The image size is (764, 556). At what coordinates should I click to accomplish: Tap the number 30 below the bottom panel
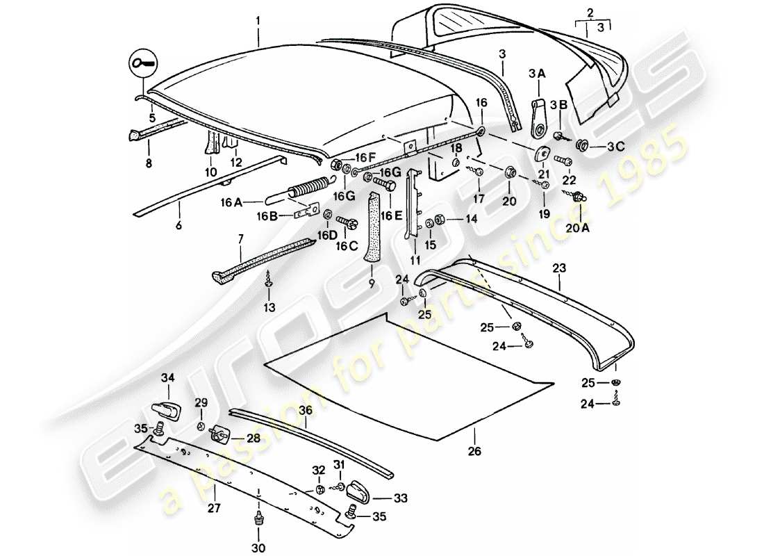[x=257, y=547]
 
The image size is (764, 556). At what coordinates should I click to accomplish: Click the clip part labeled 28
[x=221, y=434]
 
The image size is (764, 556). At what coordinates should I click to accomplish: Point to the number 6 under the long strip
[x=179, y=227]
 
